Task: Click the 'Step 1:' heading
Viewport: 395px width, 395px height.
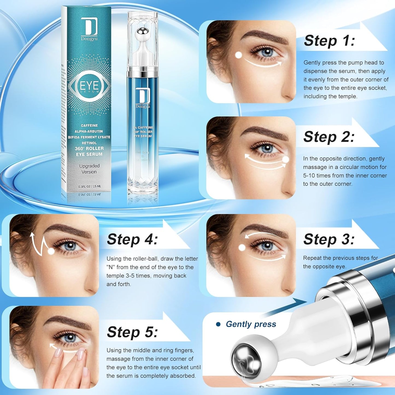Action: click(329, 41)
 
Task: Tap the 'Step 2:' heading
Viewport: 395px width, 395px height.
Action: click(329, 137)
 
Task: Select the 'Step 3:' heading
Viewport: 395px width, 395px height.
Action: click(329, 239)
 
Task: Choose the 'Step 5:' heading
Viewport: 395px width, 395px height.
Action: click(132, 332)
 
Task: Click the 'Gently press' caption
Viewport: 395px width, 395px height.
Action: click(251, 324)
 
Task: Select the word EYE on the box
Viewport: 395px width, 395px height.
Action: click(89, 86)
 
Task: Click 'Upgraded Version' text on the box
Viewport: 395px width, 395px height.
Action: click(89, 169)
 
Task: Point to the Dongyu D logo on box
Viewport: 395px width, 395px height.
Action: click(89, 27)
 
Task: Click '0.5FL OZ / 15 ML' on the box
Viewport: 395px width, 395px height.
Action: click(90, 186)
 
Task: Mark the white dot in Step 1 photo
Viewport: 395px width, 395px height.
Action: click(239, 55)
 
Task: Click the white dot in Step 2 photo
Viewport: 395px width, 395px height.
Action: click(285, 160)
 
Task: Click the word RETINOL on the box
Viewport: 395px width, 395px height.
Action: click(89, 143)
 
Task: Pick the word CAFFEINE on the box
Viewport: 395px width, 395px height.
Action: click(89, 125)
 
